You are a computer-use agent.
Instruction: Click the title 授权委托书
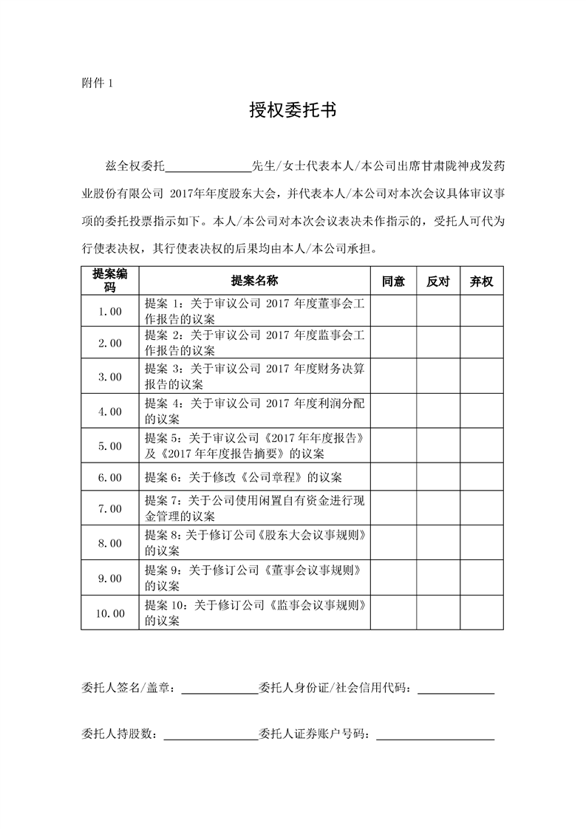pos(293,112)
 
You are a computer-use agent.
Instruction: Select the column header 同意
pos(393,282)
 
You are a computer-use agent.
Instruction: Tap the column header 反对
pos(438,282)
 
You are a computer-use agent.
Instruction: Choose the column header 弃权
pos(482,282)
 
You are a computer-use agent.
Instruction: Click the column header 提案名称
pos(254,282)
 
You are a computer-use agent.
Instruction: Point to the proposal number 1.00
pos(110,311)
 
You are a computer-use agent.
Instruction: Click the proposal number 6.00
pos(110,477)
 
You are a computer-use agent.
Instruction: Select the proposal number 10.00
pos(110,613)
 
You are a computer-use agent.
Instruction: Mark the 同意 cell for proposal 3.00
pos(393,377)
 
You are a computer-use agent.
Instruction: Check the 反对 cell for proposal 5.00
pos(438,446)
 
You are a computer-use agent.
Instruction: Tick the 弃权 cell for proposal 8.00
pos(482,543)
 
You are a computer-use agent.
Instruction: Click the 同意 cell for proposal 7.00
pos(393,508)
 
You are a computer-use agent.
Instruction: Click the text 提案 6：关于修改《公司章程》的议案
pos(243,477)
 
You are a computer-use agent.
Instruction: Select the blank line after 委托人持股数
pos(210,734)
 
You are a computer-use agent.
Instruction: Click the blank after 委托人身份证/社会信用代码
pos(456,690)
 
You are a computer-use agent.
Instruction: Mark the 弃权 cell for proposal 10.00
pos(482,613)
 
